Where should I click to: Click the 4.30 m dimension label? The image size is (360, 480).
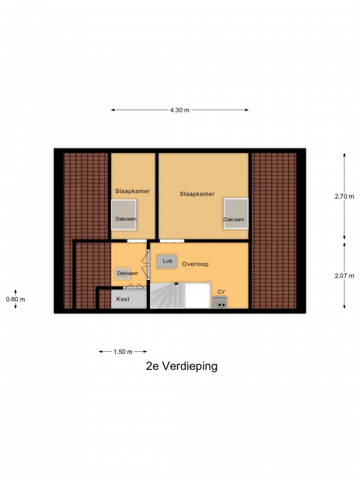pyautogui.click(x=180, y=110)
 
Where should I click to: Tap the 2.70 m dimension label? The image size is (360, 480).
pyautogui.click(x=344, y=196)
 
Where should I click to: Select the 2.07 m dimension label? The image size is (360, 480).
pyautogui.click(x=344, y=276)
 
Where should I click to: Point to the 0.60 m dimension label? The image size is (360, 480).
pyautogui.click(x=16, y=299)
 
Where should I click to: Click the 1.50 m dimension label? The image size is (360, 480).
pyautogui.click(x=122, y=352)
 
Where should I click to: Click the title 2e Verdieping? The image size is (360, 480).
pyautogui.click(x=182, y=366)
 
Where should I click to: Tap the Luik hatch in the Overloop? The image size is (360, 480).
pyautogui.click(x=167, y=261)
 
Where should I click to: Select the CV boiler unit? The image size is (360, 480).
pyautogui.click(x=220, y=302)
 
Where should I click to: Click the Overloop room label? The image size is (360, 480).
pyautogui.click(x=195, y=264)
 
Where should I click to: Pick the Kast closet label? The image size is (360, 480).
pyautogui.click(x=122, y=299)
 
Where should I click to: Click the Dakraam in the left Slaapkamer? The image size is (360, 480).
pyautogui.click(x=124, y=215)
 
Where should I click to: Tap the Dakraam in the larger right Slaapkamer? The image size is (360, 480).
pyautogui.click(x=236, y=213)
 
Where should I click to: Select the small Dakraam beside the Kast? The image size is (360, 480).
pyautogui.click(x=122, y=273)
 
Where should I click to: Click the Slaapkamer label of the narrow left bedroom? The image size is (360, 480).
pyautogui.click(x=132, y=191)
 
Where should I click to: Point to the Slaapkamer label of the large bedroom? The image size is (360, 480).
pyautogui.click(x=197, y=194)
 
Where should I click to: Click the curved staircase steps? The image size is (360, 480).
pyautogui.click(x=167, y=296)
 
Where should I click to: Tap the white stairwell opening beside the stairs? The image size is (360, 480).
pyautogui.click(x=197, y=296)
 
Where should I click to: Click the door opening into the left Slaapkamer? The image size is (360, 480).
pyautogui.click(x=137, y=241)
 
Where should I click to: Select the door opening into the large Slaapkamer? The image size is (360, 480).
pyautogui.click(x=172, y=241)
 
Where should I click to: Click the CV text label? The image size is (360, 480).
pyautogui.click(x=221, y=292)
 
